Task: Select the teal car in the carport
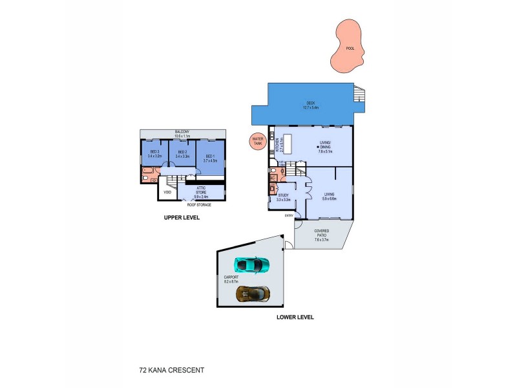[251, 264]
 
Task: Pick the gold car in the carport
[253, 294]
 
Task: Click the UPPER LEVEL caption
[182, 218]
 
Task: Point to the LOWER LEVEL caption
[295, 317]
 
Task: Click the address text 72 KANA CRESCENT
[171, 371]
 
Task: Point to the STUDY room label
[283, 197]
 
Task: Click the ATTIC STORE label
[201, 190]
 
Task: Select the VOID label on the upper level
[167, 192]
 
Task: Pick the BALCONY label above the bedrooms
[184, 134]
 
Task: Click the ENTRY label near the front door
[289, 215]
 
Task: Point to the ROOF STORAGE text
[199, 204]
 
